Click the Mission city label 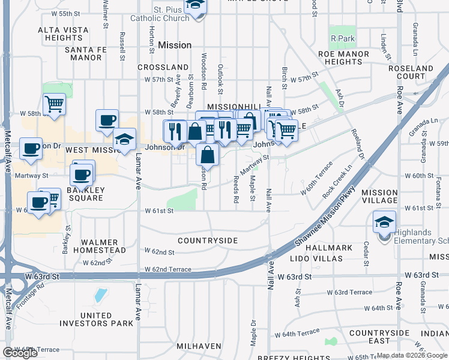(175, 45)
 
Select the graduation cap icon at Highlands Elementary (384, 222)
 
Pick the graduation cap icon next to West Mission (124, 141)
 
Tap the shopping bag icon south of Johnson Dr (207, 155)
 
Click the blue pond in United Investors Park (101, 295)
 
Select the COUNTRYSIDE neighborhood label (208, 241)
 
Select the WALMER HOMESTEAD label (103, 246)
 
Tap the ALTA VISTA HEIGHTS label (63, 34)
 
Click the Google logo (20, 353)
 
